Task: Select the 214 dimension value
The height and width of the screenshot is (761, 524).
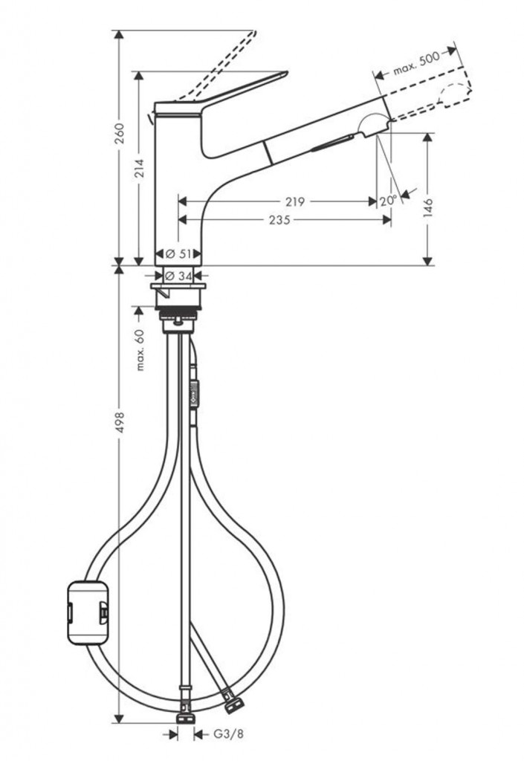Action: click(x=139, y=168)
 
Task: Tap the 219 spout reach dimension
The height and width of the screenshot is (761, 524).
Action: click(x=295, y=201)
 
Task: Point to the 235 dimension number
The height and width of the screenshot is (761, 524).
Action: click(x=279, y=220)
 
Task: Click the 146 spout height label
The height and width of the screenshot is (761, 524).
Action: click(x=428, y=207)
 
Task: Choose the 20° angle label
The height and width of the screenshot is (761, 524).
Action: click(x=388, y=201)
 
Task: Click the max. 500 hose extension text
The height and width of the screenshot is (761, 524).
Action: click(x=416, y=63)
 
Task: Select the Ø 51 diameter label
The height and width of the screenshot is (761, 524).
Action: click(x=178, y=253)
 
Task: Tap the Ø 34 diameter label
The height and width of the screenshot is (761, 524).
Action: click(x=178, y=276)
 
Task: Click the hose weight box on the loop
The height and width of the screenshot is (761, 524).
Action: click(x=88, y=613)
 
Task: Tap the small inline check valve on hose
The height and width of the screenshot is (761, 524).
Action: click(x=195, y=391)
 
